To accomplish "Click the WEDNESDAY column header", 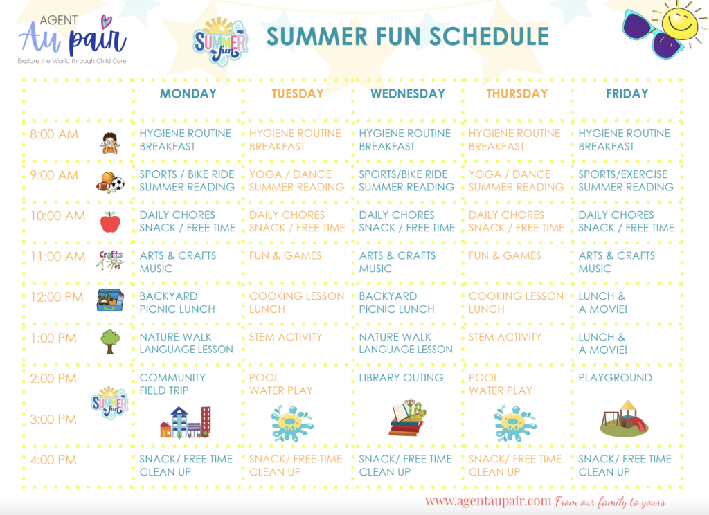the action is [408, 93].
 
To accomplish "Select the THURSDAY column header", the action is [517, 93].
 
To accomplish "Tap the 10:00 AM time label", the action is [58, 216].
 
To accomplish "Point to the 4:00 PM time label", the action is [53, 460].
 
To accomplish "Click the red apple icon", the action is [110, 222].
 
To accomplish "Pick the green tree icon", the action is [110, 341].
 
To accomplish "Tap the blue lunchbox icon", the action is [110, 300].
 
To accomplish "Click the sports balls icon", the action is [110, 182].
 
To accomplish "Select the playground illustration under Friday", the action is [624, 419].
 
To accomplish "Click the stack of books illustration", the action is [408, 418].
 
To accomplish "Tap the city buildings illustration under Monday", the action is [186, 422].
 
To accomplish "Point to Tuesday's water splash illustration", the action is [291, 423].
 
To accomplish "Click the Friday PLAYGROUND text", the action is [615, 377].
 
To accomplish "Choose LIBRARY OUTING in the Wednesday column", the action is [401, 377].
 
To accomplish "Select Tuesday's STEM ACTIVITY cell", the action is [286, 337].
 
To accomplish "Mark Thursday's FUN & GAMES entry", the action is [505, 255].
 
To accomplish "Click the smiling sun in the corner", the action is [681, 24].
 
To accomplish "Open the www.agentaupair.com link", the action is [488, 501].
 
